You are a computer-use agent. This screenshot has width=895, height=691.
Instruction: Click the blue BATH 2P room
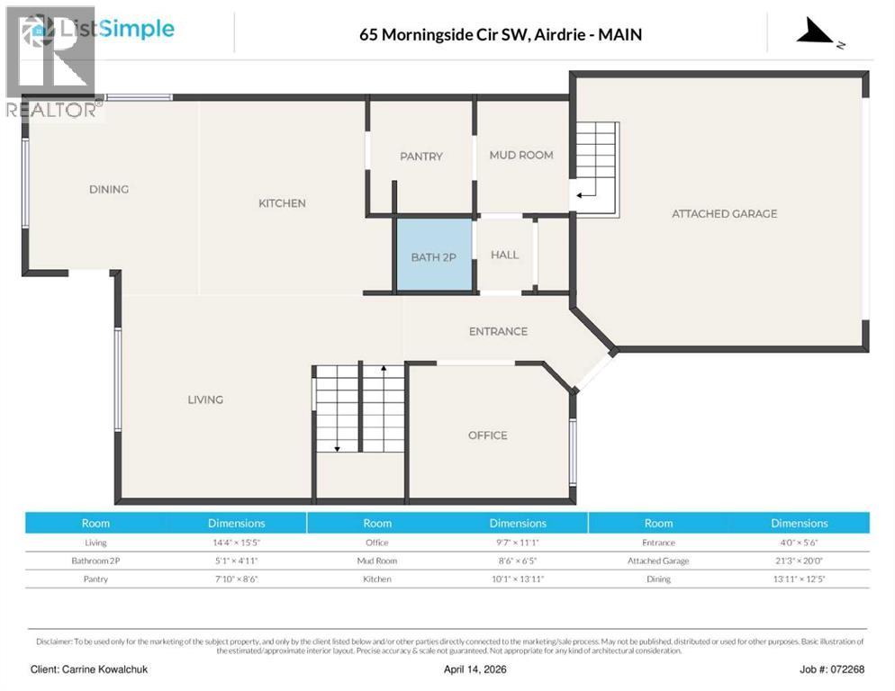tap(434, 256)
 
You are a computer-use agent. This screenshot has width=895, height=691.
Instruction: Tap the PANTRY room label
tap(421, 157)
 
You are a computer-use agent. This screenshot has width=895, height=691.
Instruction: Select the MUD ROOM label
tap(521, 155)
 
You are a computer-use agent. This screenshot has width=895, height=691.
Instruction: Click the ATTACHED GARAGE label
tap(724, 214)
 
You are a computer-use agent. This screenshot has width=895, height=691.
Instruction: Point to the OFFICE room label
tap(487, 435)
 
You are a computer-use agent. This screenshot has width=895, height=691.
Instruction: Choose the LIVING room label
tap(205, 399)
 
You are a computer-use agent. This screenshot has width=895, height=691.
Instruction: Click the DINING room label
tap(109, 190)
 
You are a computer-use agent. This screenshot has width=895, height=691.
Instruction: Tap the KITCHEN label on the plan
tap(282, 203)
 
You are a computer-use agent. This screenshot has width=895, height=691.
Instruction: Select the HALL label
tap(504, 255)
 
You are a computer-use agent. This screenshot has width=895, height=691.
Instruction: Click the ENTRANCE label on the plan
tap(498, 331)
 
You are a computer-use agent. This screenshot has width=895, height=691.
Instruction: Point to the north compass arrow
tap(818, 34)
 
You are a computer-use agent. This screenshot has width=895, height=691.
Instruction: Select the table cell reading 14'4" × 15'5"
tap(237, 543)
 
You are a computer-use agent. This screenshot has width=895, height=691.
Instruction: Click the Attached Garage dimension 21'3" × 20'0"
tap(799, 561)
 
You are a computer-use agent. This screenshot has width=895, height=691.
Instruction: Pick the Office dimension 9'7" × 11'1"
tap(518, 543)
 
